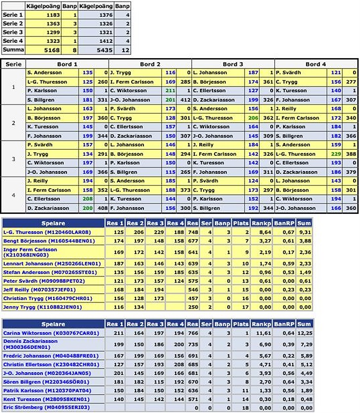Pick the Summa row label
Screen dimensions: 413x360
[13, 50]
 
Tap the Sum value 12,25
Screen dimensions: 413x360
[304, 333]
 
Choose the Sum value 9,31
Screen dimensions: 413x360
[304, 232]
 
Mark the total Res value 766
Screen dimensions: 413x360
[193, 333]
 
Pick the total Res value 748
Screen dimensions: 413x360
[193, 232]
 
